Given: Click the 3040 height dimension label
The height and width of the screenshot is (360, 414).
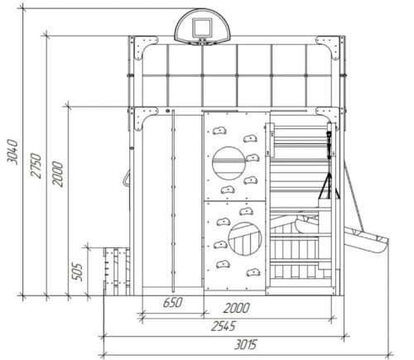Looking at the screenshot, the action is pyautogui.click(x=12, y=152).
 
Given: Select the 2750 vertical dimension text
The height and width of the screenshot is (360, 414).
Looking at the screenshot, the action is pyautogui.click(x=36, y=166).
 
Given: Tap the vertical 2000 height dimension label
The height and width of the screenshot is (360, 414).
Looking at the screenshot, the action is pyautogui.click(x=58, y=175).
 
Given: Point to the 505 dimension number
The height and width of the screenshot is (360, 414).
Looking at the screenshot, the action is pyautogui.click(x=77, y=272).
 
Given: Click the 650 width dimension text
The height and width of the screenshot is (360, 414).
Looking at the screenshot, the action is pyautogui.click(x=173, y=303).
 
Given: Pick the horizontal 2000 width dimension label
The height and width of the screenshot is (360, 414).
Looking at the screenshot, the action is pyautogui.click(x=237, y=308).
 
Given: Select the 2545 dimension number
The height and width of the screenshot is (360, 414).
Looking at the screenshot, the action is pyautogui.click(x=224, y=326).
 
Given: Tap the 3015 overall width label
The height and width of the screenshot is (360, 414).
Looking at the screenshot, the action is pyautogui.click(x=246, y=344).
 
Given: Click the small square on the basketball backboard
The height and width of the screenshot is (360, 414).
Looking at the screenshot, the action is pyautogui.click(x=202, y=28).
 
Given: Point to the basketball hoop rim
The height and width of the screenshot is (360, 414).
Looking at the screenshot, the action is pyautogui.click(x=202, y=42).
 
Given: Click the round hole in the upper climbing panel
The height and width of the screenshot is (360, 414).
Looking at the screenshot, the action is pyautogui.click(x=229, y=163).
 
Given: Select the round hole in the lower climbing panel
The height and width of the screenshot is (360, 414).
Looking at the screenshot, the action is pyautogui.click(x=245, y=239).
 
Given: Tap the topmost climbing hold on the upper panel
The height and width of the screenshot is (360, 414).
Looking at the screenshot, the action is pyautogui.click(x=219, y=131).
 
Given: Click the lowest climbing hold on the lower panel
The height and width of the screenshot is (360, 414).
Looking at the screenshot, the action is pyautogui.click(x=253, y=272).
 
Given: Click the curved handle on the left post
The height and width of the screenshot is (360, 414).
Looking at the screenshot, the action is pyautogui.click(x=126, y=179).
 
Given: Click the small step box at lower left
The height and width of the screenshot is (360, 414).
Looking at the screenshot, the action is pyautogui.click(x=117, y=271).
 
